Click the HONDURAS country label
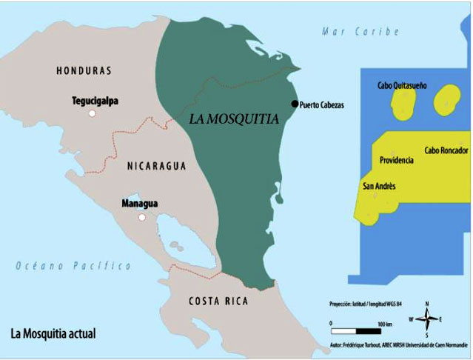(x=84, y=71)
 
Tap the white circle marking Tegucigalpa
(x=92, y=113)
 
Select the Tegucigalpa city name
(x=95, y=100)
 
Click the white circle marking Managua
(x=141, y=218)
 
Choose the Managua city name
(x=139, y=203)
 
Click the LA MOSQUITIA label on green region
(x=234, y=118)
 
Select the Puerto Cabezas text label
(x=322, y=105)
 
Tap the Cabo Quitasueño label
(x=402, y=85)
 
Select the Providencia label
(x=396, y=160)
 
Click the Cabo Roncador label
(x=446, y=150)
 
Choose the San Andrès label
(x=378, y=186)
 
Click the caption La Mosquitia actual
(x=53, y=334)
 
